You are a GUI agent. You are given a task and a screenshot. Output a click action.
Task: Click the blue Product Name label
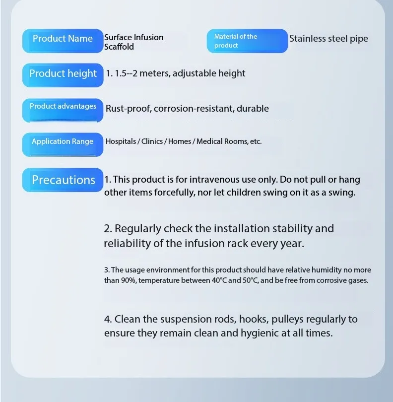[63, 40]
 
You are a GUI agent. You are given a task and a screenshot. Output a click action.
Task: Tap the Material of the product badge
[247, 41]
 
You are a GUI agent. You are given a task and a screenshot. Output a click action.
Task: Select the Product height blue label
[63, 74]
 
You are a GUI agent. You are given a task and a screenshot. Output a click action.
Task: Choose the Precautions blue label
[63, 180]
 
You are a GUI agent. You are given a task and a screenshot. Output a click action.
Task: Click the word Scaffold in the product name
[119, 47]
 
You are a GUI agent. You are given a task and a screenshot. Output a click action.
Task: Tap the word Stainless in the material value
[308, 38]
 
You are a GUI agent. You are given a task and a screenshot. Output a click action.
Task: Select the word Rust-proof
[128, 108]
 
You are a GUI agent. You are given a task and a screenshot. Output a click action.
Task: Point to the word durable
[253, 108]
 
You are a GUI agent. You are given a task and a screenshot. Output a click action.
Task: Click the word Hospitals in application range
[121, 141]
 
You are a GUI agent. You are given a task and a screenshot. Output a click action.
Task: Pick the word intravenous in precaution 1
[204, 180]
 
